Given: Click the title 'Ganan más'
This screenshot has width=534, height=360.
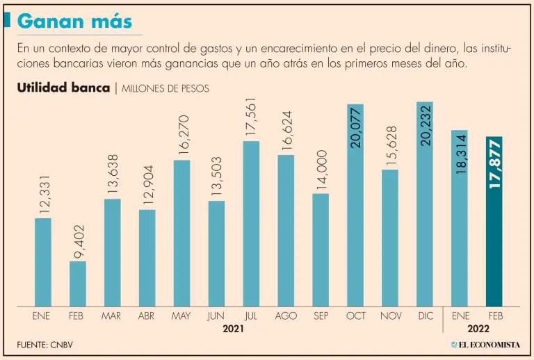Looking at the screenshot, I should coord(75,21).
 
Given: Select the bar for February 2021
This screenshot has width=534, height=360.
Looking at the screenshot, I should coord(78,284).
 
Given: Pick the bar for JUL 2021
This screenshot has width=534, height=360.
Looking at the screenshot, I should coord(251,222).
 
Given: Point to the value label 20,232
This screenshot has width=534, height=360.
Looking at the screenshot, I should coord(426,124).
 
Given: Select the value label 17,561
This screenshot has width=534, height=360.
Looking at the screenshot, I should coord(251,117).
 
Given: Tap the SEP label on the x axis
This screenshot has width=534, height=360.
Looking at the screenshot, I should coord(321,316).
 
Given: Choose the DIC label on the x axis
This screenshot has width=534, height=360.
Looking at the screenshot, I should coord(425,316).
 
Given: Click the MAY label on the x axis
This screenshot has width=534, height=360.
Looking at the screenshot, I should coord(181,316).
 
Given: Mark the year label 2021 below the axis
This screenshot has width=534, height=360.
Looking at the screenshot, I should coord(234,329).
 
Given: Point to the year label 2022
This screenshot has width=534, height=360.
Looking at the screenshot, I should coord(478,329).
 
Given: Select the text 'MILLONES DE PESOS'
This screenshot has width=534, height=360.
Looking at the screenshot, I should coord(165,89).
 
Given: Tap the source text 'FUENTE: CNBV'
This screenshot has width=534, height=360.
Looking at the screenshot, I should coord(44,345).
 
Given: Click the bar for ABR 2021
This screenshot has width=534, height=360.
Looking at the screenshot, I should coord(147,257).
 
